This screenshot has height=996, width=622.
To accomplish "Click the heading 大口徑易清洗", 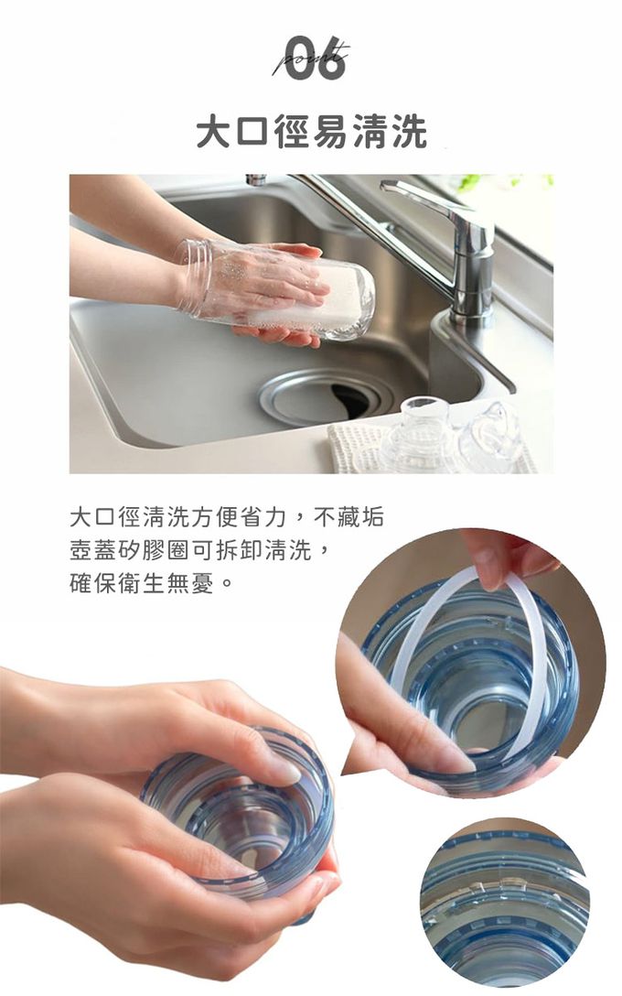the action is pyautogui.click(x=312, y=132).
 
